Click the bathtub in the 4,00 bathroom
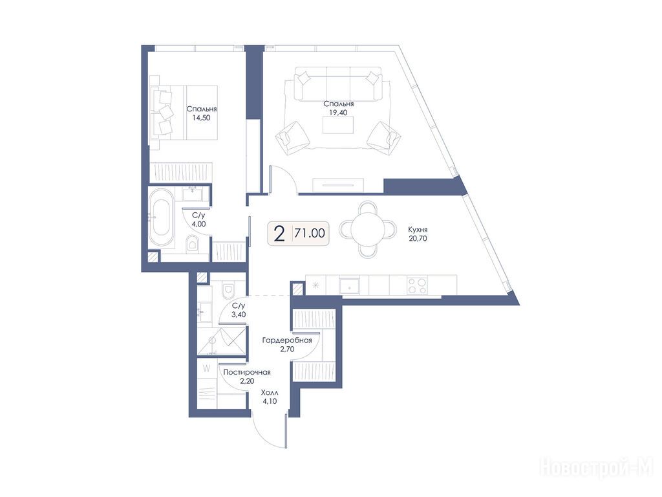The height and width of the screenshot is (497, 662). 162,217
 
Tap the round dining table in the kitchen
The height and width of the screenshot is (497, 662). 368,230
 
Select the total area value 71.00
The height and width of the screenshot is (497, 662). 310,233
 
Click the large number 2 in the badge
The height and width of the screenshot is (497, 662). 279,233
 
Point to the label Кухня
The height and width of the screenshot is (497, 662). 418,230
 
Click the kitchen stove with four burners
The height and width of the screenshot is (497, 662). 417,285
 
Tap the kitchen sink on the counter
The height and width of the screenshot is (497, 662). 348,285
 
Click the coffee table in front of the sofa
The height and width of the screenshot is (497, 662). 337,125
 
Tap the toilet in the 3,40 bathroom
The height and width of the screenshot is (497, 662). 228,289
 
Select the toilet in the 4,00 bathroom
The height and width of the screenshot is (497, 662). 193,244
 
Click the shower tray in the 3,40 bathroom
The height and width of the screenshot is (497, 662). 221,340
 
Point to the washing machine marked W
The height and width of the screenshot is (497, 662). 207,368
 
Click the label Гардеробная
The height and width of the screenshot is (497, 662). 287,340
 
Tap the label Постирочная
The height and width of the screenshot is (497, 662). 247,372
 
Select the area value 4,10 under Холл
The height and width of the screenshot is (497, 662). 270,401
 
